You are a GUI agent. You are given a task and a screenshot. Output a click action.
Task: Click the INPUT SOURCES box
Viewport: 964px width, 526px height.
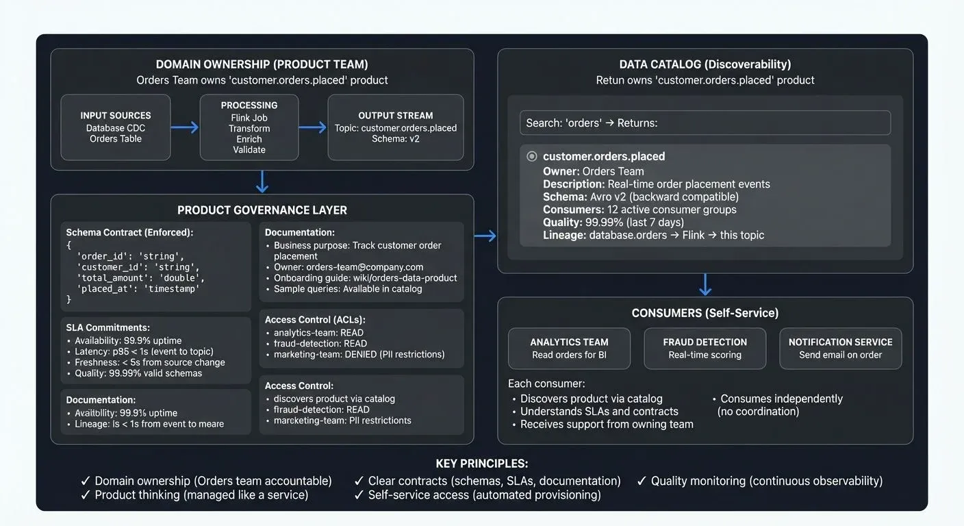[x=115, y=127]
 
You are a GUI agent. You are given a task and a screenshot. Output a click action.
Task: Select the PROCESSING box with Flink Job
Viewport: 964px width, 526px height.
[x=249, y=127]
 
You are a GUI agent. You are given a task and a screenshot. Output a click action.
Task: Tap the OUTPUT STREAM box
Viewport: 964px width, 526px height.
[x=396, y=127]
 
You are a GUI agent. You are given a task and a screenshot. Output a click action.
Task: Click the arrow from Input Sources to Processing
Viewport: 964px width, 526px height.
[x=184, y=127]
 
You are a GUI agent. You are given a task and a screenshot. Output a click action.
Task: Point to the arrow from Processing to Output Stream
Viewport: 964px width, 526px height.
[x=313, y=127]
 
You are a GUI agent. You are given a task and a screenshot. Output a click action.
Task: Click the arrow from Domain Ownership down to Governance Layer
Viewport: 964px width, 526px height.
[x=262, y=181]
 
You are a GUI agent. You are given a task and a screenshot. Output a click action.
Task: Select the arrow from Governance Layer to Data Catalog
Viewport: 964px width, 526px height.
[x=485, y=236]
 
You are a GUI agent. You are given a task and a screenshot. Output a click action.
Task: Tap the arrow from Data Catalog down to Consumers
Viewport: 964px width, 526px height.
[x=705, y=284]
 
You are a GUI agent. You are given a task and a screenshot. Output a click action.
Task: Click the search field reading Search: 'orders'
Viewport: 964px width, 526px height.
[x=705, y=123]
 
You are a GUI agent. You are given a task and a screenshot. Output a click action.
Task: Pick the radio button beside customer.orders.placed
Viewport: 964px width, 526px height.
[x=532, y=156]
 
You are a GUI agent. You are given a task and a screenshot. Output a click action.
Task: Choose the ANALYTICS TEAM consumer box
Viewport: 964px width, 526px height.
[x=569, y=349]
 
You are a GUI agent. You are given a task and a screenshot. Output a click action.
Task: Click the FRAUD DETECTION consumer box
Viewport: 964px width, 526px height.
[x=705, y=349]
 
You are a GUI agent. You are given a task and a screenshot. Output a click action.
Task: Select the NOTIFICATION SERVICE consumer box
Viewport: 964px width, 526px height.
[x=840, y=349]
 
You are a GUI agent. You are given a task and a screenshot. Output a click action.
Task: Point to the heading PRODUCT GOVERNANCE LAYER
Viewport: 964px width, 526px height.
[x=262, y=210]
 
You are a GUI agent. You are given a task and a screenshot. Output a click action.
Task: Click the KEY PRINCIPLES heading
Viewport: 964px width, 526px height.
[x=482, y=464]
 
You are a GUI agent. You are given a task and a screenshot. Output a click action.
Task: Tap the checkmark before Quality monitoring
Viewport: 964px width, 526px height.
[x=642, y=481]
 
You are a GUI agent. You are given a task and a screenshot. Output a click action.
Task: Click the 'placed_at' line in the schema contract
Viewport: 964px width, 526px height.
[x=138, y=289]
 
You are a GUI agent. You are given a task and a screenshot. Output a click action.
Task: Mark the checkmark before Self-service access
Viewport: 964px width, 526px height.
[x=359, y=495]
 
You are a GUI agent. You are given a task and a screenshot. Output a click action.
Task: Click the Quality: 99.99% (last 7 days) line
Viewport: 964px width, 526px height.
[x=613, y=222]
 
